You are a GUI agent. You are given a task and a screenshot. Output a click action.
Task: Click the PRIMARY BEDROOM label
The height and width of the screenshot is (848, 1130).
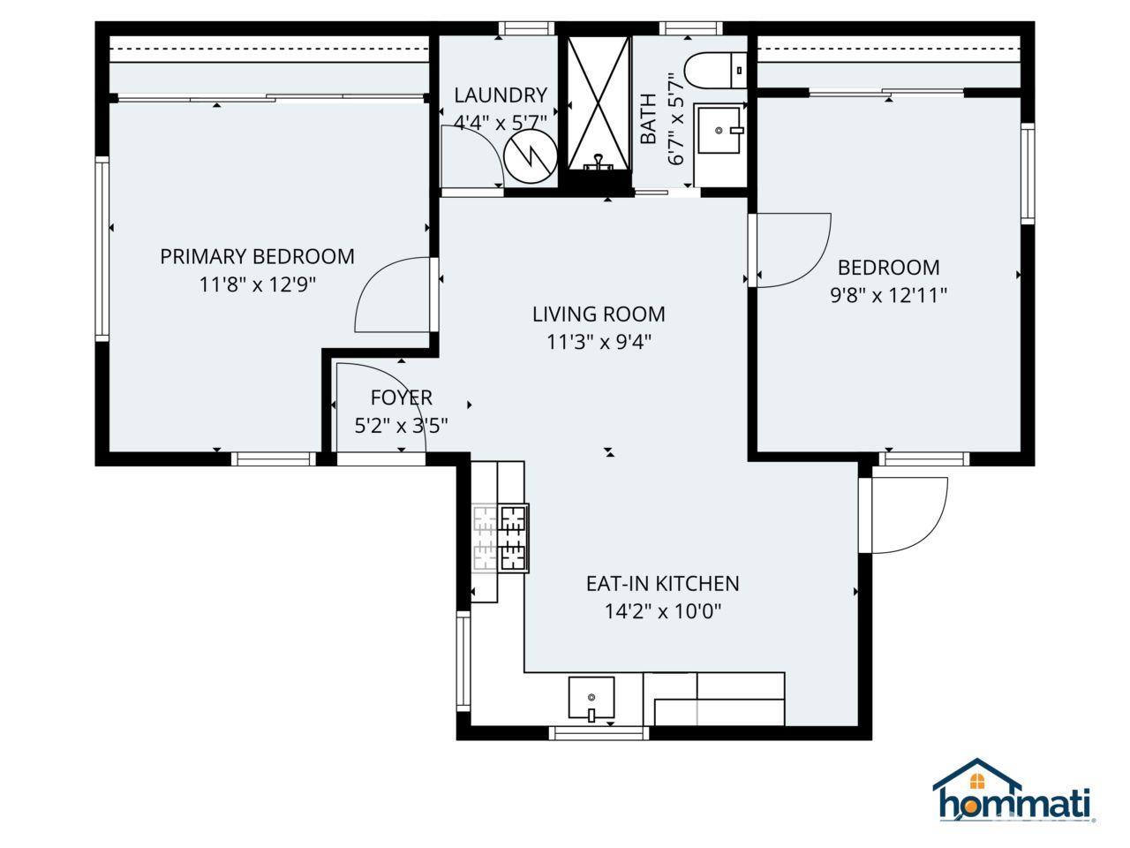(x=257, y=256)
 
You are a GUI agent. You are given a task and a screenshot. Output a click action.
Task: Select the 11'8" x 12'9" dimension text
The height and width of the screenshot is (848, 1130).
(x=257, y=284)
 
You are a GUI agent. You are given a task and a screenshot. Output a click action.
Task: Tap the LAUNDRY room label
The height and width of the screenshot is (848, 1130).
(x=501, y=95)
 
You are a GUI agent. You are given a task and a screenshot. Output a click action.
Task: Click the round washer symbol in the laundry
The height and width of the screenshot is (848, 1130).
(x=530, y=156)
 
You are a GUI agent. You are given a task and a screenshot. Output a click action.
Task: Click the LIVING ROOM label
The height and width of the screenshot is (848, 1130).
(x=599, y=314)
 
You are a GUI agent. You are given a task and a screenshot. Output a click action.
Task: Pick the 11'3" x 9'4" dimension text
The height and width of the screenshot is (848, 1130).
(x=599, y=342)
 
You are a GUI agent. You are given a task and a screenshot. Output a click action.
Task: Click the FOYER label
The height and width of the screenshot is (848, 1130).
(x=401, y=397)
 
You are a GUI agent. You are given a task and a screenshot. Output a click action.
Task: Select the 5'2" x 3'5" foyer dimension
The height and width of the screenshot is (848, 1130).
(x=401, y=426)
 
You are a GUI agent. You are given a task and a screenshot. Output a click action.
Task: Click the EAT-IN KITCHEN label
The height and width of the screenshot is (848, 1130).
(x=662, y=583)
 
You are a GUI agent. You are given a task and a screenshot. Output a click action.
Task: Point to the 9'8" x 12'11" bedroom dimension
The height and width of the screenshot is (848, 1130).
(x=888, y=295)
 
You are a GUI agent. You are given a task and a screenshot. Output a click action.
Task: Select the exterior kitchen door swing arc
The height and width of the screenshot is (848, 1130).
(x=909, y=517)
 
